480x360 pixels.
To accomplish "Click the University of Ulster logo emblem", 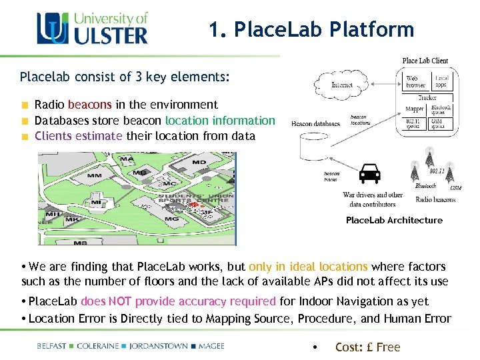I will point(51,29).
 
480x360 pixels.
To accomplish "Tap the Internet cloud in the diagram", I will point(342,84).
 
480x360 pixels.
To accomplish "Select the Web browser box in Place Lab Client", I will point(416,81).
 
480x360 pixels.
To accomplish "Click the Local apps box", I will point(441,81).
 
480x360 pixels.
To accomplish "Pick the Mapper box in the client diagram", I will point(415,109).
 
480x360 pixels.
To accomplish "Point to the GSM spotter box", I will point(441,123).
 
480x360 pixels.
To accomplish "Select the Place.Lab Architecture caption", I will point(394,220).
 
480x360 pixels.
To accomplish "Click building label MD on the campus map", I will point(199,162).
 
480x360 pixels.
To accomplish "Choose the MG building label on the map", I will point(171,219).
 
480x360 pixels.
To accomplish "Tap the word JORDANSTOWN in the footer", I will point(158,346).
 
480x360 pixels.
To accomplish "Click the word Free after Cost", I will point(388,347).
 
